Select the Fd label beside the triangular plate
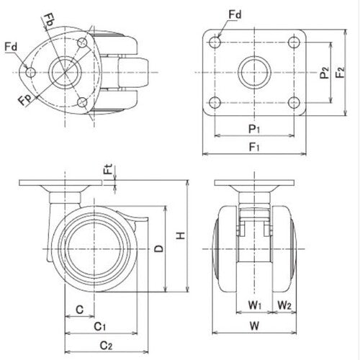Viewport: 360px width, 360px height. (x=11, y=48)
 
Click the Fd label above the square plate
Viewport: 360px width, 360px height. (x=234, y=14)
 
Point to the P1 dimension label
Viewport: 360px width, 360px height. (x=253, y=130)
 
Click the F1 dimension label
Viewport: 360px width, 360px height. (x=253, y=148)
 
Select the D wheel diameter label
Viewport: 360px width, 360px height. (x=159, y=248)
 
